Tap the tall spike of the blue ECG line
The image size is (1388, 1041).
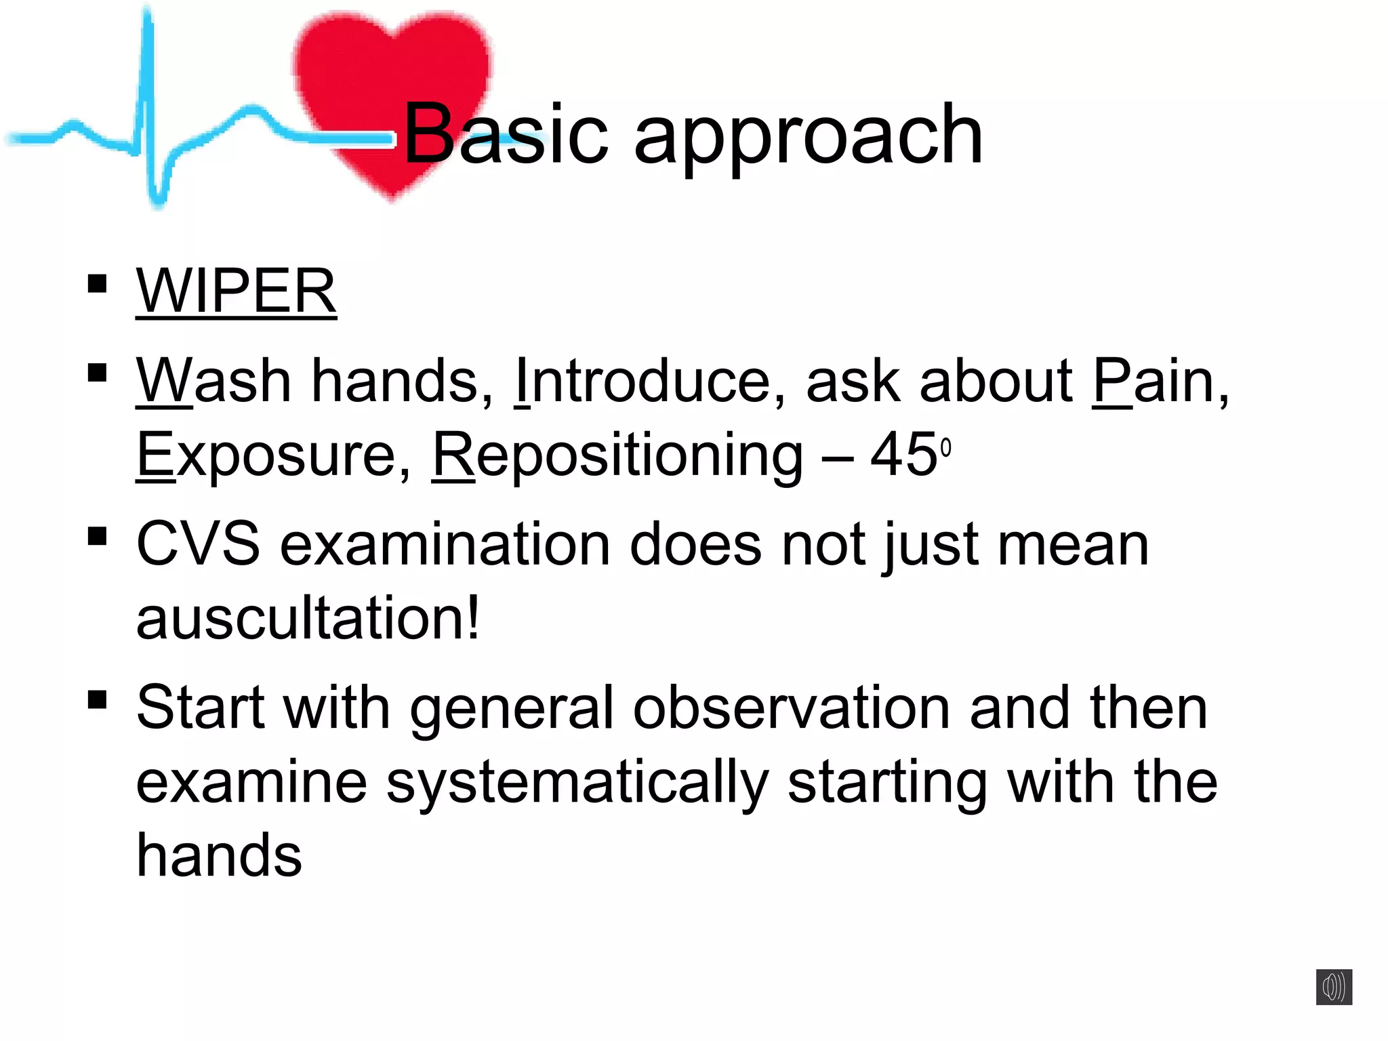click(x=148, y=81)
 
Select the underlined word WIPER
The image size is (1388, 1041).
click(x=236, y=291)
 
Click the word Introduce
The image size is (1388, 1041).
click(x=642, y=381)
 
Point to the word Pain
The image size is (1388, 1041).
click(x=1152, y=381)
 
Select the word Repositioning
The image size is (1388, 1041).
click(x=617, y=455)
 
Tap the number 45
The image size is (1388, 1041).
click(x=904, y=455)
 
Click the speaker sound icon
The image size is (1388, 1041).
click(x=1333, y=986)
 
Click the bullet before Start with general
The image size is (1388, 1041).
click(x=98, y=699)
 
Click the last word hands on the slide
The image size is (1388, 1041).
click(x=218, y=855)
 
